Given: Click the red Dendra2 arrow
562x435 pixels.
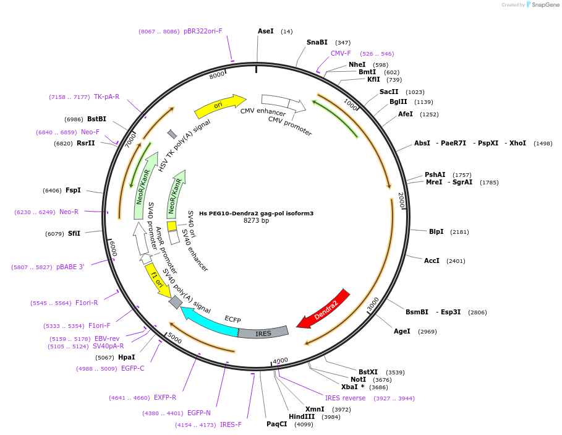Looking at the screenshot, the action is pos(325,310).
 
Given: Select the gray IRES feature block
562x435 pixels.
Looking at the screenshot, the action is pos(263,333).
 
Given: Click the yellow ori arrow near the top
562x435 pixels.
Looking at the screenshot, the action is pos(219,106).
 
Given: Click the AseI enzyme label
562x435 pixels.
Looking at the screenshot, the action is pos(266,31).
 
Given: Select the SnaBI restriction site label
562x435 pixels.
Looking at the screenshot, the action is pos(317,42).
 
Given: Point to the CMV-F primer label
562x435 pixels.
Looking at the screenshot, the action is pos(341,53).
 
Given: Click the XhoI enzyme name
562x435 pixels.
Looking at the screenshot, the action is pos(517,143).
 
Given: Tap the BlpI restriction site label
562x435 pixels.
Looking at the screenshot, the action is pos(436,231).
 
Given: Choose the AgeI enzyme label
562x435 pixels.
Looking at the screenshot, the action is pos(402,332).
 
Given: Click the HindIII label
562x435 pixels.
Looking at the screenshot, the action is pos(302,416).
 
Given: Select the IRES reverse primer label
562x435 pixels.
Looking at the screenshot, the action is pos(345,398).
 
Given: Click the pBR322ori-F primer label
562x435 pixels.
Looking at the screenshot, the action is pos(203,31).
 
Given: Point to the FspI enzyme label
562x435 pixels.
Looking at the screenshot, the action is pos(73,190).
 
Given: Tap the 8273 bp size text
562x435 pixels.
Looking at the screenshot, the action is pos(256,220).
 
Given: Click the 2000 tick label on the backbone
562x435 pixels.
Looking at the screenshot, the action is pos(402,200).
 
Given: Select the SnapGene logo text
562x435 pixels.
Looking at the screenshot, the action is pos(545,5).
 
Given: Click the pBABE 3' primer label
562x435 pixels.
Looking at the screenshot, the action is pos(70,267).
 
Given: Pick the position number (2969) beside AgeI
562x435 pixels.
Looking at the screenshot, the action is pos(427,332).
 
